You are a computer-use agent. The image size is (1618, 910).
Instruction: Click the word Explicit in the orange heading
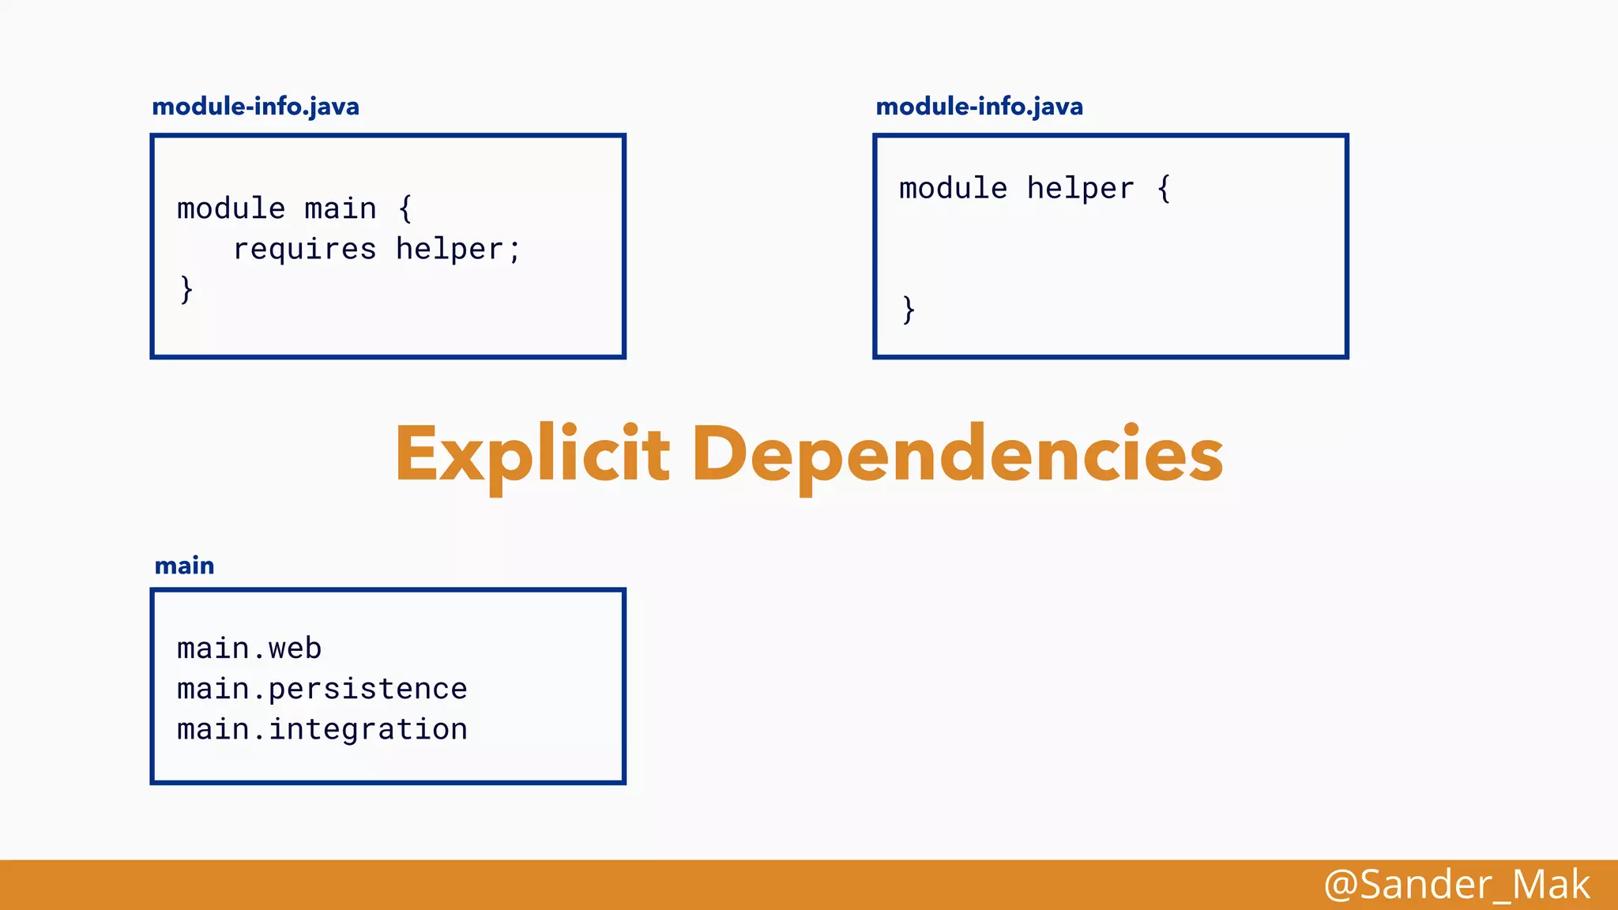(x=532, y=454)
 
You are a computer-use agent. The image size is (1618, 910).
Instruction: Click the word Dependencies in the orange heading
(x=958, y=454)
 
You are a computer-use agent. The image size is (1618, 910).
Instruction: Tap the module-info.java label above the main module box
(x=255, y=107)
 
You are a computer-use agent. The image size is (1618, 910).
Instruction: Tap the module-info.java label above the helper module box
(x=979, y=107)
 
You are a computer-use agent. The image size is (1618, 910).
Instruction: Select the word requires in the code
(x=304, y=250)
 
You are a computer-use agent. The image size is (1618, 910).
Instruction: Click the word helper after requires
(x=449, y=250)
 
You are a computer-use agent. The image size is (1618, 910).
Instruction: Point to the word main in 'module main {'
(x=341, y=209)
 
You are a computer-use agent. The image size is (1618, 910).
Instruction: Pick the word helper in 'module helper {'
(x=1080, y=190)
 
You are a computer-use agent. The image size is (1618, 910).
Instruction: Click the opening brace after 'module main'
(x=405, y=209)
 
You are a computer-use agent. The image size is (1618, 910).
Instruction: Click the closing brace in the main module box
(x=186, y=289)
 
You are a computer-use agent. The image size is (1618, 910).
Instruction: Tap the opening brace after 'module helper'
(x=1164, y=190)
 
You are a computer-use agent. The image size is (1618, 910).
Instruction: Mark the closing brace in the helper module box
(x=909, y=309)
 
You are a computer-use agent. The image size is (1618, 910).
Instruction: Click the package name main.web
(x=249, y=649)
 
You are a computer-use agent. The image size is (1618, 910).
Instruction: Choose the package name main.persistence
(x=322, y=689)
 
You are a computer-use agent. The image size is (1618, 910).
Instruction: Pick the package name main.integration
(x=322, y=729)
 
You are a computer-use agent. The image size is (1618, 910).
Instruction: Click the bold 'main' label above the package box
(x=184, y=566)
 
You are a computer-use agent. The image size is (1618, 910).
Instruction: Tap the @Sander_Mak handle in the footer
(x=1456, y=885)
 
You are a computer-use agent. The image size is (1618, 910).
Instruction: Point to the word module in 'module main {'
(x=231, y=209)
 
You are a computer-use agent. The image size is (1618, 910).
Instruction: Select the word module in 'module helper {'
(x=953, y=190)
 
